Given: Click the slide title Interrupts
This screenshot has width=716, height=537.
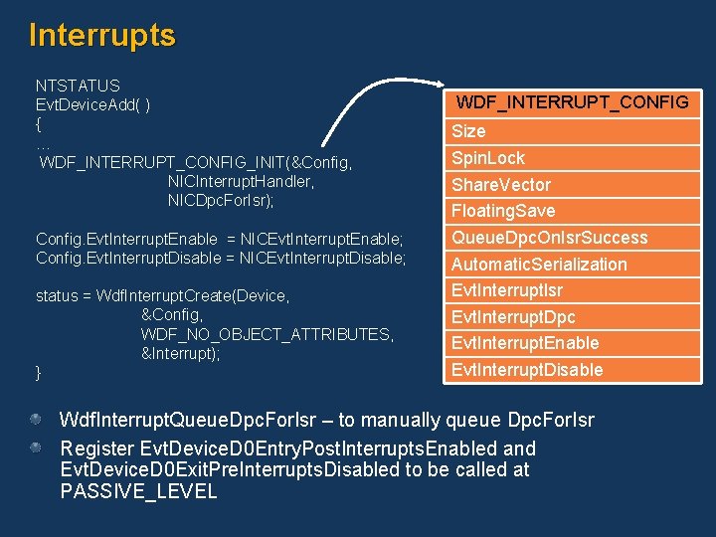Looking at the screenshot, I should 102,35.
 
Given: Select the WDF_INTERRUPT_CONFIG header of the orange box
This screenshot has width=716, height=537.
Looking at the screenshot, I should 572,102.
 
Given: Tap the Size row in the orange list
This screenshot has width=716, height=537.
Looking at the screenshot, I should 468,131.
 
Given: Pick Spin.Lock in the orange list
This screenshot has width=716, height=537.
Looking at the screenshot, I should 488,158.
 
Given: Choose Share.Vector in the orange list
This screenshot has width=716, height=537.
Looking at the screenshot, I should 500,185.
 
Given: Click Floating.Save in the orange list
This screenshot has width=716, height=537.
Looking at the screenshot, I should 503,211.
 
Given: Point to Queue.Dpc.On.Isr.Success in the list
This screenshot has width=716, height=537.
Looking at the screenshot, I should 549,238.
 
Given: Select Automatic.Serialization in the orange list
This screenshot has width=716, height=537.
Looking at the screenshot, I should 539,265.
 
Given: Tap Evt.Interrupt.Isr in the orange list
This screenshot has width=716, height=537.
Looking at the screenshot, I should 507,290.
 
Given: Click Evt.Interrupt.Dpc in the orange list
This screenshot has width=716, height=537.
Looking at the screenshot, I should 513,317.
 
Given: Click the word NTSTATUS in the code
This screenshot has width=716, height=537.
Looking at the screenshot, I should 78,86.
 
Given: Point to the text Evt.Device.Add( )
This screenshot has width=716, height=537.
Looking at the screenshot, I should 93,104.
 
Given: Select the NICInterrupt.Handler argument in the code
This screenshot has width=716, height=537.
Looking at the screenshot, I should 242,181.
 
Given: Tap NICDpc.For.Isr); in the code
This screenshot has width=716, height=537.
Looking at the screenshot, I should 221,200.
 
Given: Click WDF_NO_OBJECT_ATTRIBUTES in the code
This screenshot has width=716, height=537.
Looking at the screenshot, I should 268,334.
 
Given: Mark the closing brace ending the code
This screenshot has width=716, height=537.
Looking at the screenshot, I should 39,372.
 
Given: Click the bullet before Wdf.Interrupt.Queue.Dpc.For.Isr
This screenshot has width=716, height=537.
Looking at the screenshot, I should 36,420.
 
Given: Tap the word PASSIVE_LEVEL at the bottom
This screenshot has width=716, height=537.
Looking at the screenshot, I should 138,491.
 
